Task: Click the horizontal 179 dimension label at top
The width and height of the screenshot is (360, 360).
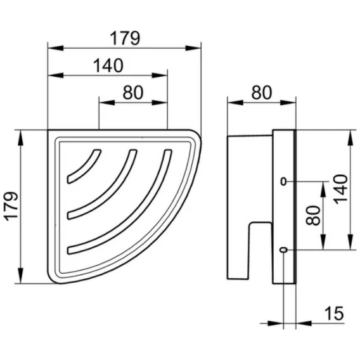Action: [125, 38]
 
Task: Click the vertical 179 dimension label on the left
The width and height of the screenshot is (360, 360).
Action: [12, 207]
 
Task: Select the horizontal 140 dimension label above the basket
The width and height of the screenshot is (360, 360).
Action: [108, 65]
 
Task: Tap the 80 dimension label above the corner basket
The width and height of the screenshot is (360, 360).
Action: [133, 93]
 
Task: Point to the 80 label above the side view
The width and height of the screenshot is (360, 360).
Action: [262, 93]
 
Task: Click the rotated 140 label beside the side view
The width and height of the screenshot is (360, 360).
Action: [341, 190]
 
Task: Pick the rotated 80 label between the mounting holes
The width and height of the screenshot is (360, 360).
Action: [313, 215]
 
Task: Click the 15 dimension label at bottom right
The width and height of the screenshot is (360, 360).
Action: [334, 313]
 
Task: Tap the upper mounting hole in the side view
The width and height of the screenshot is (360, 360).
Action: [284, 182]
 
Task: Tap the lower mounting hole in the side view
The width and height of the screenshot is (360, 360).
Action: [284, 250]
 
